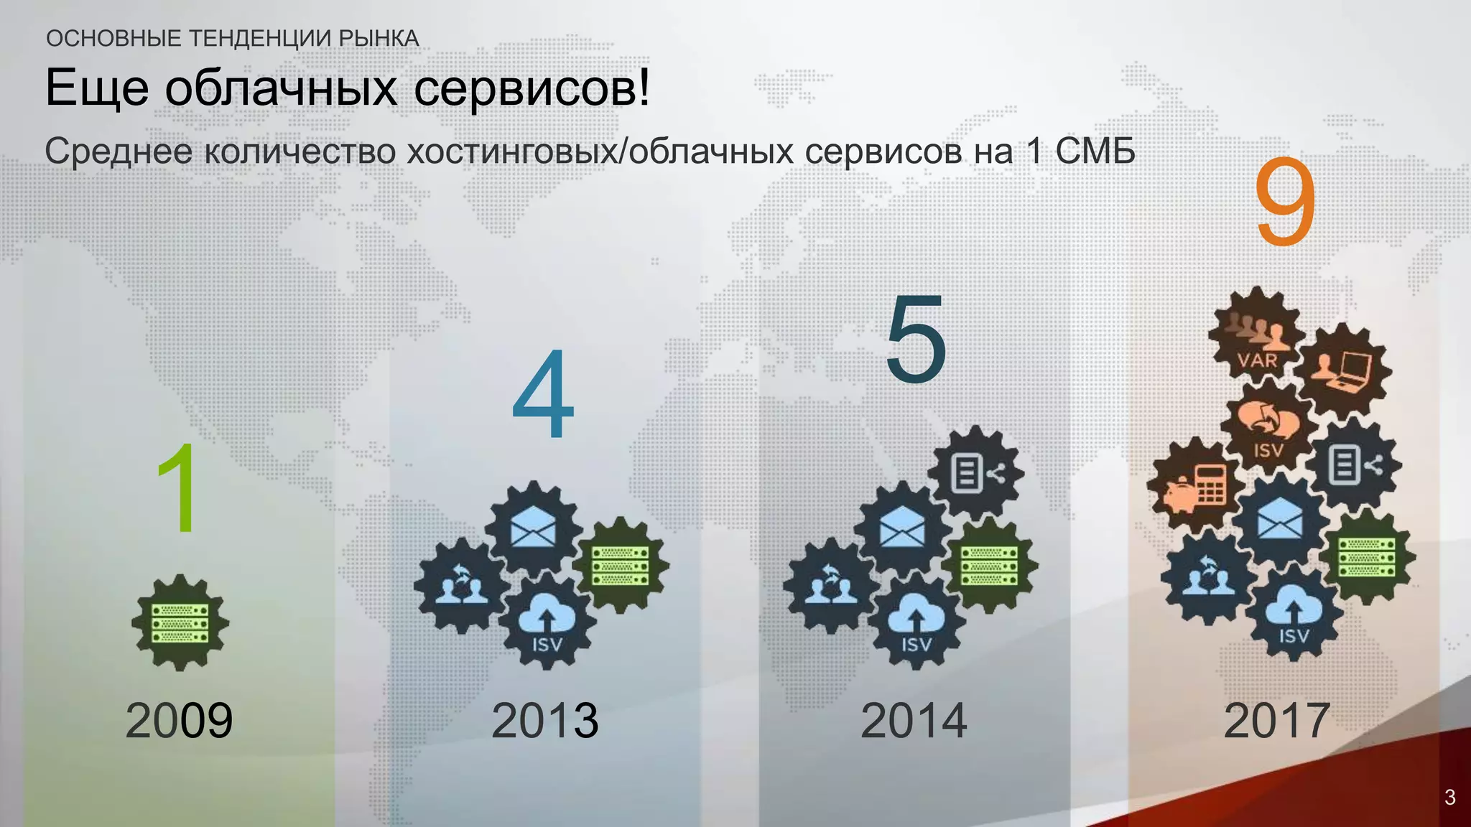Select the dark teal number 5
click(916, 339)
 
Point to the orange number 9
click(1285, 203)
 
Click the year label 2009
click(179, 720)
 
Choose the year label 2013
click(544, 720)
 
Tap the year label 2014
click(914, 720)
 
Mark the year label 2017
click(1276, 720)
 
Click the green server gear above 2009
click(180, 622)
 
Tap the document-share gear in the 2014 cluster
click(975, 472)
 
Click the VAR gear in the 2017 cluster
click(1256, 337)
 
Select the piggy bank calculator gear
click(1195, 486)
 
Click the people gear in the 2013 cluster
click(462, 584)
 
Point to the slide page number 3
click(1449, 797)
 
